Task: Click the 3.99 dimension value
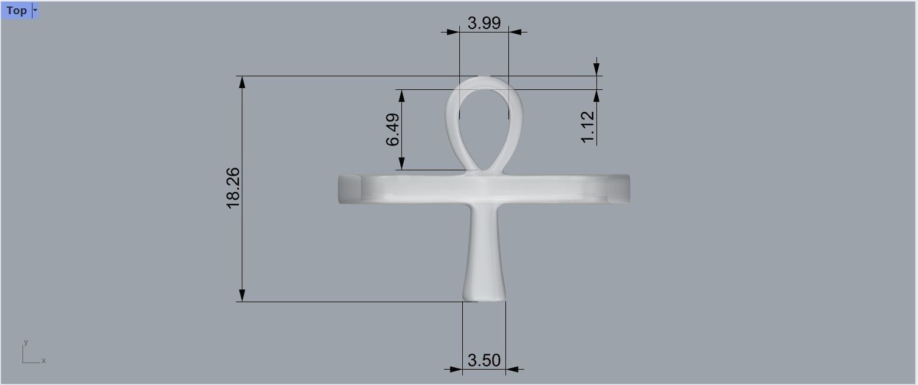pyautogui.click(x=484, y=23)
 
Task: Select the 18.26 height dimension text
pyautogui.click(x=232, y=187)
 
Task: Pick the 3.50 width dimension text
pyautogui.click(x=484, y=360)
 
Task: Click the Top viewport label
pyautogui.click(x=16, y=10)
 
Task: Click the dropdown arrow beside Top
pyautogui.click(x=35, y=10)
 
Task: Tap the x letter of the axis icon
pyautogui.click(x=44, y=360)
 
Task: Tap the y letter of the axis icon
pyautogui.click(x=26, y=342)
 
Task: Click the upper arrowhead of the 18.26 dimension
pyautogui.click(x=242, y=82)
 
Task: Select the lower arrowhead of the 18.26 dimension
pyautogui.click(x=242, y=295)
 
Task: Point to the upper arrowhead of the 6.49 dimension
pyautogui.click(x=402, y=96)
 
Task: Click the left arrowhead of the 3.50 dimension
pyautogui.click(x=456, y=370)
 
